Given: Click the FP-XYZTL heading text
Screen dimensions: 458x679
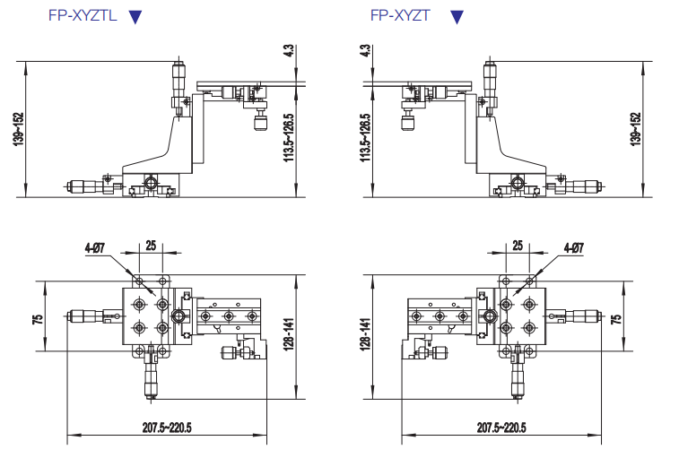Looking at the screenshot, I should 83,15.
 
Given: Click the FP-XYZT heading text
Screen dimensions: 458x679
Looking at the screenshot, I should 399,15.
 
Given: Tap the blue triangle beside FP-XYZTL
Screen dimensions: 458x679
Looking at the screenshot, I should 135,16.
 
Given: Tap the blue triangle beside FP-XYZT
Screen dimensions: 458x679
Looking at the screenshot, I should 457,16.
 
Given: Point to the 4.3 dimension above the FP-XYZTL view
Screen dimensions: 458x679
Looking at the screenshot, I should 288,50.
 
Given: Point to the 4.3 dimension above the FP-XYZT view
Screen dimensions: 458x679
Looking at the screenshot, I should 365,50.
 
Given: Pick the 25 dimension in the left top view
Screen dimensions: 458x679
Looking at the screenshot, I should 150,245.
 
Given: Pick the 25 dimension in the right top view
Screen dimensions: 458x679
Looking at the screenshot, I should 518,245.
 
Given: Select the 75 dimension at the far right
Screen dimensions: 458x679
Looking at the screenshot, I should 615,318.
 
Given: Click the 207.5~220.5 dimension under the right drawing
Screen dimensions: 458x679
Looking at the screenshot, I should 501,428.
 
